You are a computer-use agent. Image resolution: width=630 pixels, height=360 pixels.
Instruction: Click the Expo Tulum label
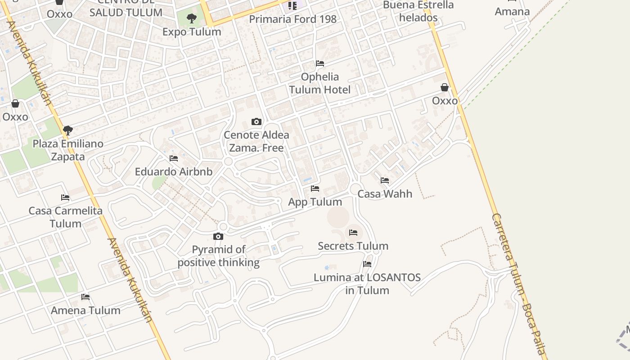coord(192,32)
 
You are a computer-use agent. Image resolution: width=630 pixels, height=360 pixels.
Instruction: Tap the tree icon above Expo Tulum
coord(192,18)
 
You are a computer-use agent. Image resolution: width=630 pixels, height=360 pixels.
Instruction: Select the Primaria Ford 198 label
coord(292,19)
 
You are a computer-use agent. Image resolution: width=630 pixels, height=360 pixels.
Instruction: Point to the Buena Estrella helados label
coord(418,12)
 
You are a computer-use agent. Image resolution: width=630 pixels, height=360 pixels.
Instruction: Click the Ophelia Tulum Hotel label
coord(319,83)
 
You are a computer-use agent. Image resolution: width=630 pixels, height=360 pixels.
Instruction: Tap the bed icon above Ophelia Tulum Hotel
coord(320,63)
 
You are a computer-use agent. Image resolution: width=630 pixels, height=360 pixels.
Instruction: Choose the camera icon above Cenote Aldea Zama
coord(256,121)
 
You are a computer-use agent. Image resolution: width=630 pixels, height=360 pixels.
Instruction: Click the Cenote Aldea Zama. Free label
coord(256,141)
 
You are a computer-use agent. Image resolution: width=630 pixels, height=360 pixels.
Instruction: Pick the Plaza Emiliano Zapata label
coord(68,150)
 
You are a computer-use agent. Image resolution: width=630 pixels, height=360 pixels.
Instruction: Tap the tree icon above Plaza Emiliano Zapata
coord(68,130)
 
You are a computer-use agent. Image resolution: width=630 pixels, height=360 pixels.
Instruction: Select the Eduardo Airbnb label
coord(174,171)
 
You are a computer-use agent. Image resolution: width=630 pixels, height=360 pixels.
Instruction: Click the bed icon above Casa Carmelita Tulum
coord(65,197)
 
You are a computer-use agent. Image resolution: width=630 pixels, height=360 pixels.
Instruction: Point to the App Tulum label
coord(315,202)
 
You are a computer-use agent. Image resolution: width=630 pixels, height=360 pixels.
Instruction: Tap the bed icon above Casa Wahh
coord(385,180)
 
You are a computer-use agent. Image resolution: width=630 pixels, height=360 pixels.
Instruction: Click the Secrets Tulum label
coord(353,246)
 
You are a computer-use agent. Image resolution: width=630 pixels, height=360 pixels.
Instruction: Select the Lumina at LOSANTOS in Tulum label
coord(367,284)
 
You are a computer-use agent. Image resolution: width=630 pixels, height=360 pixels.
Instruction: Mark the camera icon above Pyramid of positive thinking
coord(218,236)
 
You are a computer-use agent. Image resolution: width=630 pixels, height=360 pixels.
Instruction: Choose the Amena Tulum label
coord(85,310)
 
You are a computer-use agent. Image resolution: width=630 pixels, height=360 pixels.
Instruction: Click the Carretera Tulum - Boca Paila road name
coord(518,283)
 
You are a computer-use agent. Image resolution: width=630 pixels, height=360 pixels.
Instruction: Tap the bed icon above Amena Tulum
coord(85,297)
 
